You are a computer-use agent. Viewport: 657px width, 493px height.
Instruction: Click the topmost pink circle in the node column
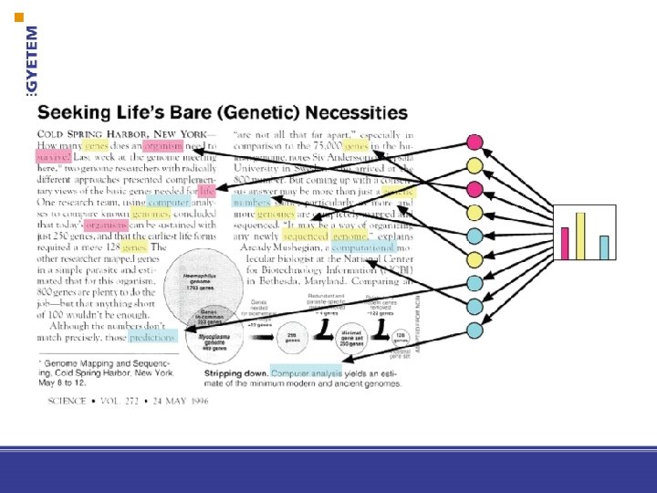[474, 142]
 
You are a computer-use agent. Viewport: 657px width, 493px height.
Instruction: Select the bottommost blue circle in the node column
[474, 329]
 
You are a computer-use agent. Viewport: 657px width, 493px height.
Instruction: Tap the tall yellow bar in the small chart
[580, 236]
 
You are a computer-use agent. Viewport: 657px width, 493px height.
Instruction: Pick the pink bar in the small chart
[566, 243]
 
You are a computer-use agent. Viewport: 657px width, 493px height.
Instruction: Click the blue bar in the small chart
[604, 246]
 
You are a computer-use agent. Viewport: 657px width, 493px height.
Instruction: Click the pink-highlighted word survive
[53, 156]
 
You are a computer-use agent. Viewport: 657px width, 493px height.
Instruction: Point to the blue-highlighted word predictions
[151, 338]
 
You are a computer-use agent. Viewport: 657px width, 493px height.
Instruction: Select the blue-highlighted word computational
[363, 247]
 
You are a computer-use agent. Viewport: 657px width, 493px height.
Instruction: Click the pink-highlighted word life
[207, 191]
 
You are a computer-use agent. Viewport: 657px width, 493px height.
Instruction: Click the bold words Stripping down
[235, 372]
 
